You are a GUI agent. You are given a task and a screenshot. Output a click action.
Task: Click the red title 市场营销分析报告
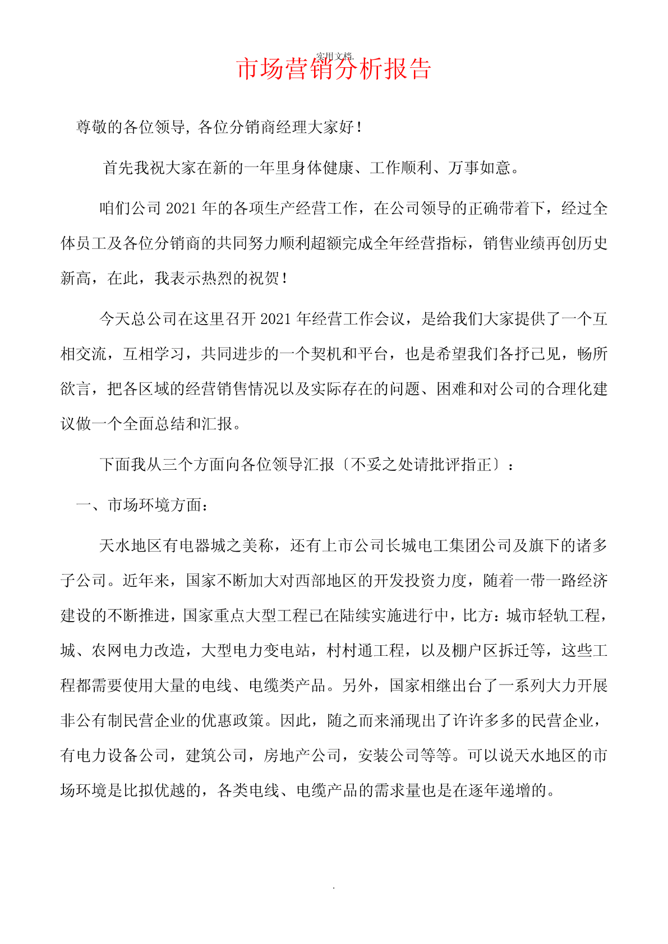334,70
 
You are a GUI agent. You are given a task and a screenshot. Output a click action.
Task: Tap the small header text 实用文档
334,56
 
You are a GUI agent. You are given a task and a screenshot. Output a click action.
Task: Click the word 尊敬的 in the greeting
99,127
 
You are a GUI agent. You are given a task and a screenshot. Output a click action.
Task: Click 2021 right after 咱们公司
181,209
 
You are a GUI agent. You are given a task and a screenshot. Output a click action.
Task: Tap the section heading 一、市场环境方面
142,505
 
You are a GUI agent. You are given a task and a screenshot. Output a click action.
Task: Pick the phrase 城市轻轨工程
553,616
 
